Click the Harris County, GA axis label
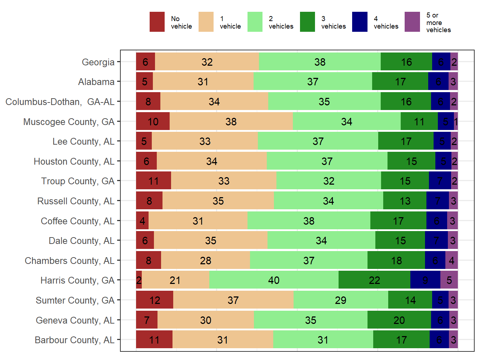[x=77, y=280]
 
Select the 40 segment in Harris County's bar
[x=274, y=280]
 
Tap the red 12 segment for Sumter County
[x=154, y=300]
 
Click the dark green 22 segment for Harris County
[x=374, y=280]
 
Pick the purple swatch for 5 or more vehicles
[x=412, y=22]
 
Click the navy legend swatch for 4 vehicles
[x=360, y=22]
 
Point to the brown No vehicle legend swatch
[x=157, y=22]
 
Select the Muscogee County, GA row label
[x=69, y=122]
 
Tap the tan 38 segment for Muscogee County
[x=231, y=122]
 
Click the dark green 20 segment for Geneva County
[x=399, y=320]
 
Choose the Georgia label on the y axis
[x=98, y=62]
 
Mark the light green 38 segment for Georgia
[x=320, y=62]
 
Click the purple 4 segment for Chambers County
[x=451, y=260]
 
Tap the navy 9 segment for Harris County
[x=425, y=280]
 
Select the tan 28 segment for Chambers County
[x=205, y=260]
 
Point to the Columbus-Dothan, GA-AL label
[x=60, y=102]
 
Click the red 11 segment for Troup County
[x=153, y=181]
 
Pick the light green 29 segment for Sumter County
[x=340, y=300]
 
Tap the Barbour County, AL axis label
[x=74, y=340]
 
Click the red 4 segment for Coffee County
[x=142, y=221]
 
